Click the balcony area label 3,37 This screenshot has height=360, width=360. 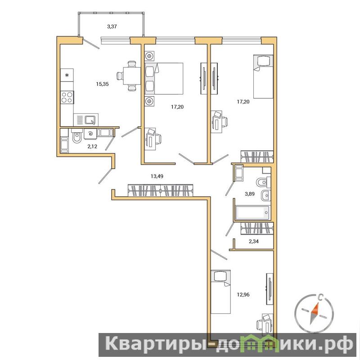coord(112,27)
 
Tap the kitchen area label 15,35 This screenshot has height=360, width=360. coord(103,84)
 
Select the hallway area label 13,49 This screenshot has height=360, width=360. coord(157,176)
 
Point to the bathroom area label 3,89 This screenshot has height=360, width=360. coord(250,194)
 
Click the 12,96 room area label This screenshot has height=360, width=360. coord(243,294)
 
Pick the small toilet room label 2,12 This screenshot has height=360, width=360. coord(92,146)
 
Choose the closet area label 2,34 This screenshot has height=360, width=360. coord(254,241)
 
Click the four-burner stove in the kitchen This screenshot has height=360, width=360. coord(67,97)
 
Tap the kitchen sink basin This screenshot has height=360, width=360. coord(91,120)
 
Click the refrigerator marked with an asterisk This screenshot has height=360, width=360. coord(67,75)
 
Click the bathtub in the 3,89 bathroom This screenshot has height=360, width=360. coord(252,212)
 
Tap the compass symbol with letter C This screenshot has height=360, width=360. coord(314,313)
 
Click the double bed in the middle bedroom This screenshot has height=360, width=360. coord(164,78)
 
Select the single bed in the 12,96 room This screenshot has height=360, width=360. coord(220,292)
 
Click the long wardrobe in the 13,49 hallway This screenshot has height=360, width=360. coord(161,190)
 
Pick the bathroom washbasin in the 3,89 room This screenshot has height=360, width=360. coord(266,196)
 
